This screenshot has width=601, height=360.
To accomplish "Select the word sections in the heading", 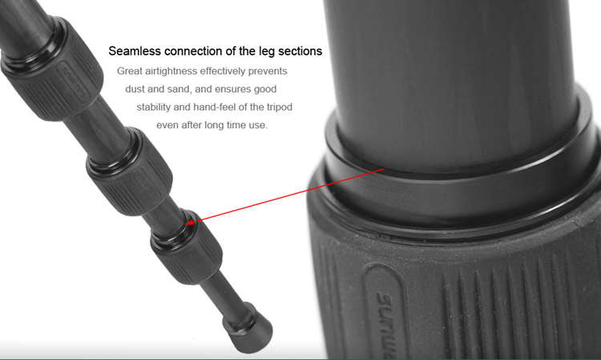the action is tap(300, 51).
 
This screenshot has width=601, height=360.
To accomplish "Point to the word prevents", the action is tap(268, 71).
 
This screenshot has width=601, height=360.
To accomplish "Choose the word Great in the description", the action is tap(130, 71).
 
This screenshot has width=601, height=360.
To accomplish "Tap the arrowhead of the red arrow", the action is tap(189, 221).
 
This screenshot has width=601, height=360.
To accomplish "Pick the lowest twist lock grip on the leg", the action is tap(187, 246).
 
